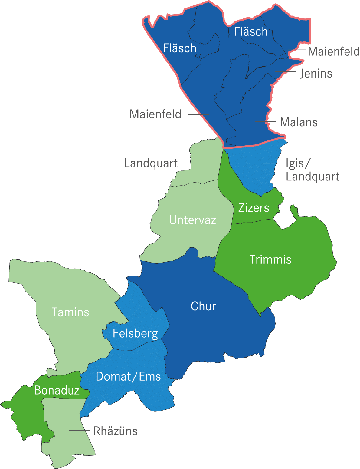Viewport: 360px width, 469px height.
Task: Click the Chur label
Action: [x=203, y=306]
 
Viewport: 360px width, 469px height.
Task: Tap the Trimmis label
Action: [x=270, y=260]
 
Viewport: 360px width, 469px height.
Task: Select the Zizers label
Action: [x=254, y=208]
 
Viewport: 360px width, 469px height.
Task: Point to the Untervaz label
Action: [x=192, y=220]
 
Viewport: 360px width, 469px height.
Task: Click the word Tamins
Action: [x=70, y=312]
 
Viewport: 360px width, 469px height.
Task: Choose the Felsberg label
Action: [x=135, y=334]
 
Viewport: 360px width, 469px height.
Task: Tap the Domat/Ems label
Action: [x=128, y=377]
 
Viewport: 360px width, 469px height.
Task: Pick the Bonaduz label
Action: [x=57, y=391]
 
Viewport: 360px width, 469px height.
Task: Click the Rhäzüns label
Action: [x=115, y=431]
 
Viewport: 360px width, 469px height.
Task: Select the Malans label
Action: [x=299, y=122]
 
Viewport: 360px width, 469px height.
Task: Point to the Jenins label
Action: [x=316, y=73]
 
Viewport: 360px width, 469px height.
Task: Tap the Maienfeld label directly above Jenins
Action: [x=333, y=51]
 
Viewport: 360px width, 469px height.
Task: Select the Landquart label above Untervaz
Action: [x=151, y=163]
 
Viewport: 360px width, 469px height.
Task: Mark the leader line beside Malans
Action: [x=266, y=121]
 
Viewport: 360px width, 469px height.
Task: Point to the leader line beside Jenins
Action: [x=286, y=72]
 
